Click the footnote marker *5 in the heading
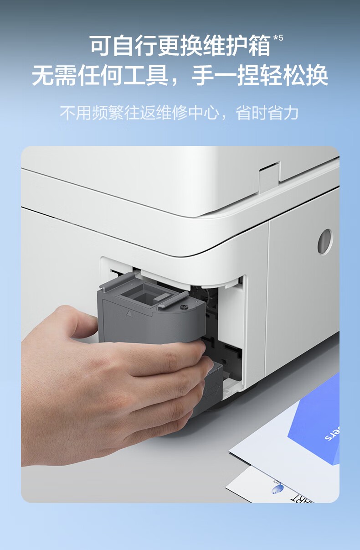point(278,37)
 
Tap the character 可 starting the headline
point(100,47)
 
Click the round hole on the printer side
point(325,241)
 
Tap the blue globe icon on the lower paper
point(277,489)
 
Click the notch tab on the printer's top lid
point(269,176)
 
